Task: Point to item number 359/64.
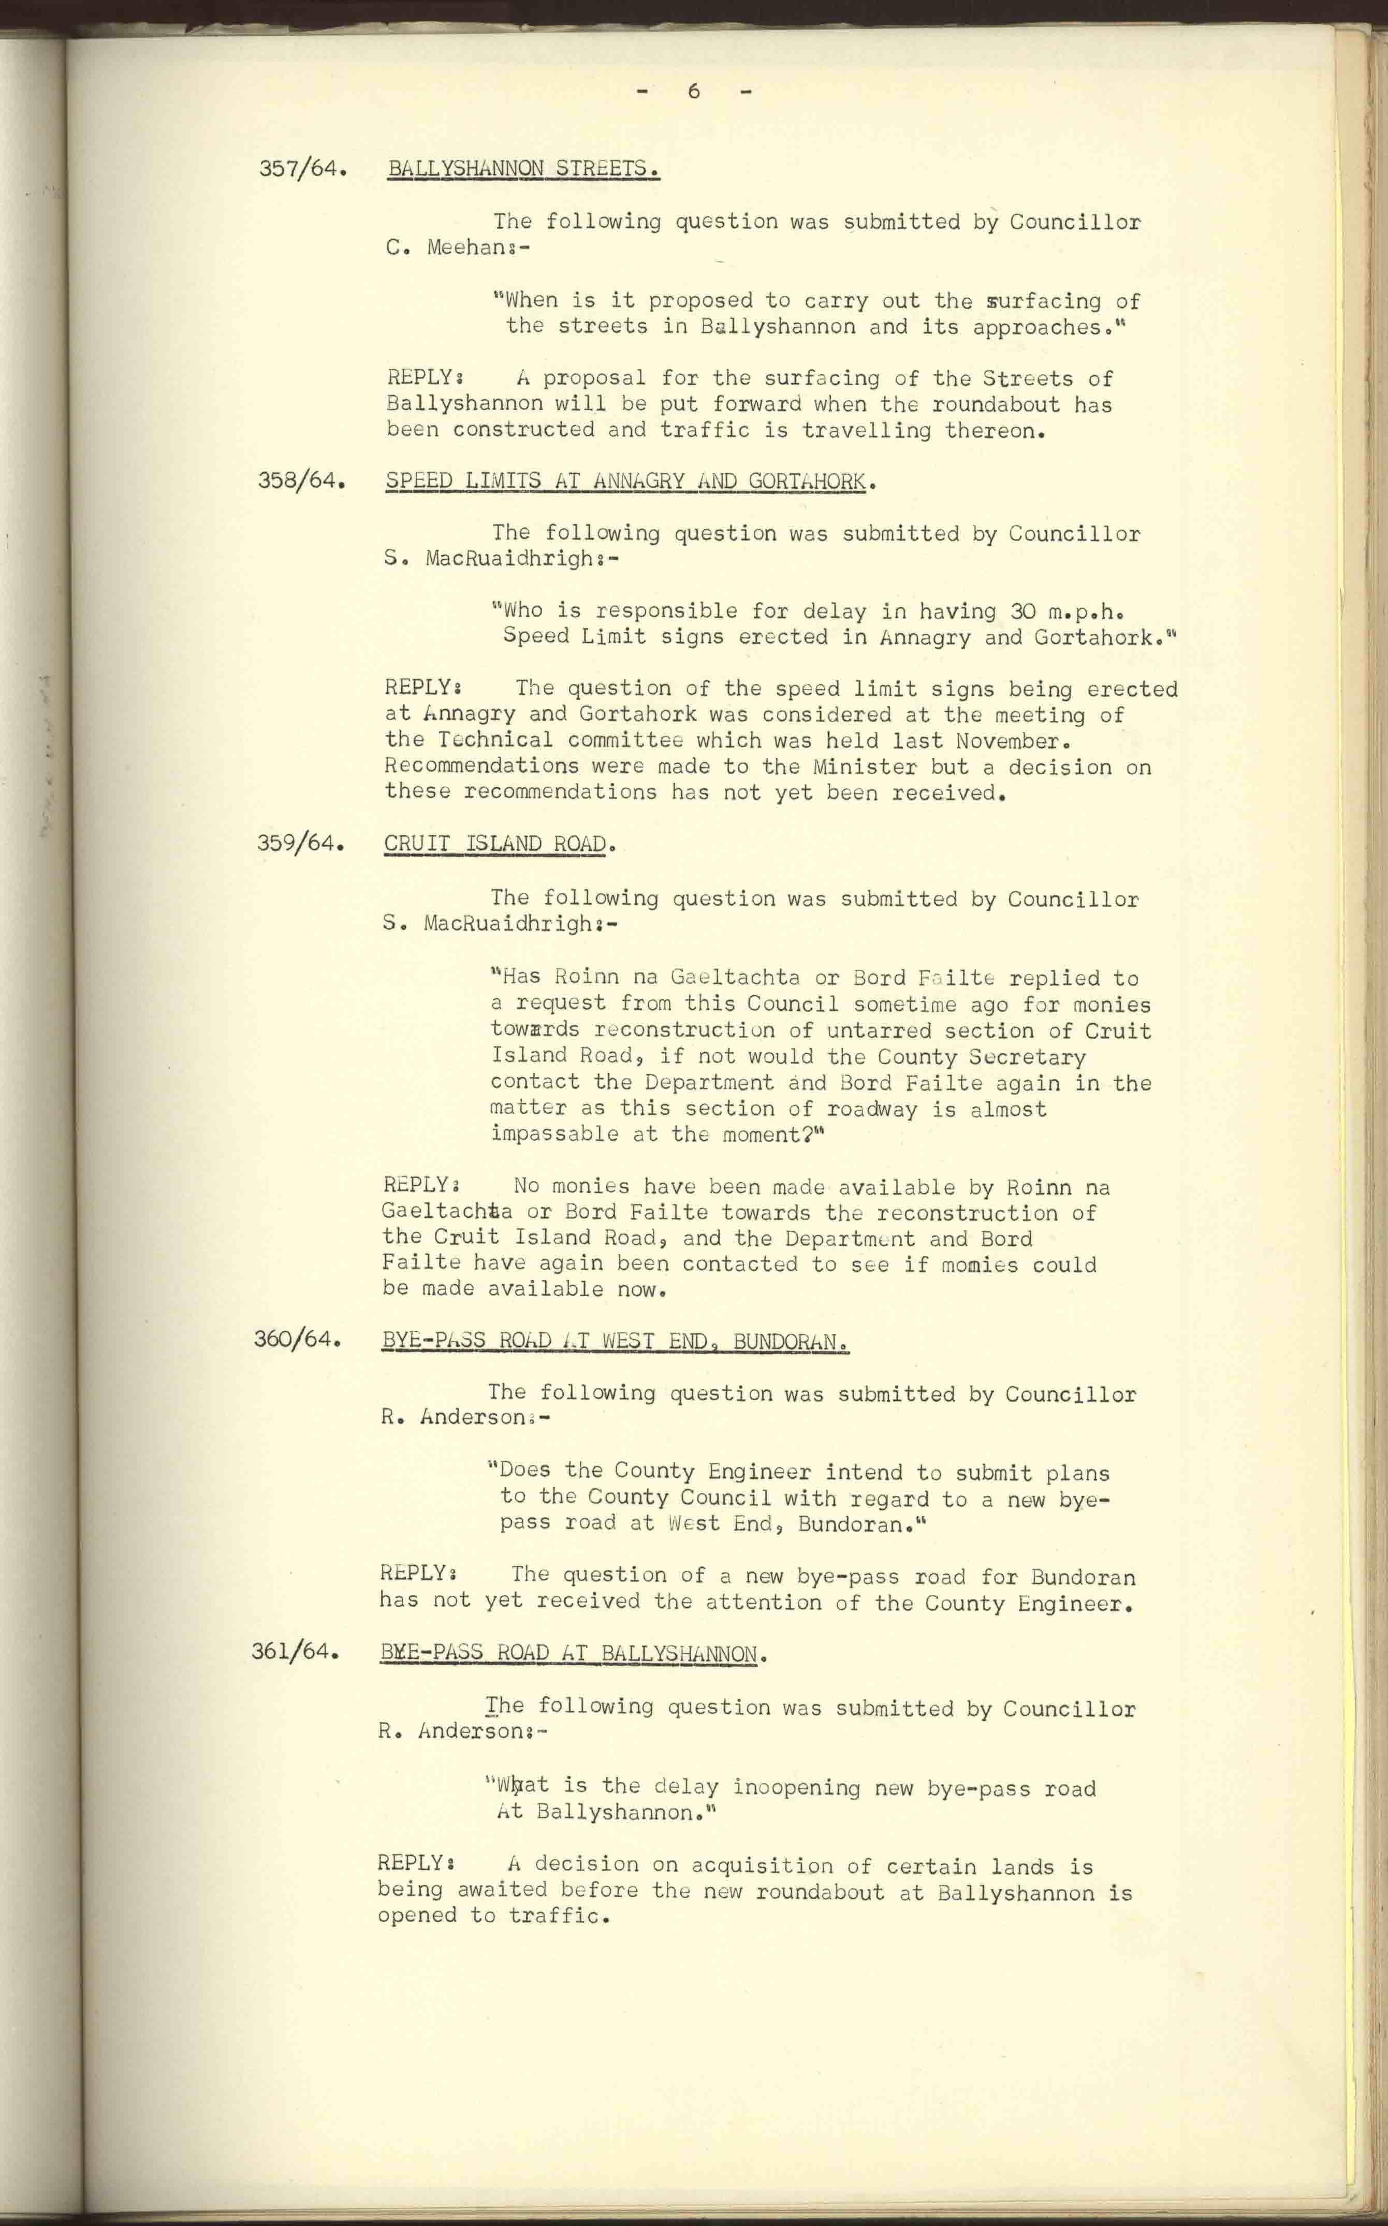300,842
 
